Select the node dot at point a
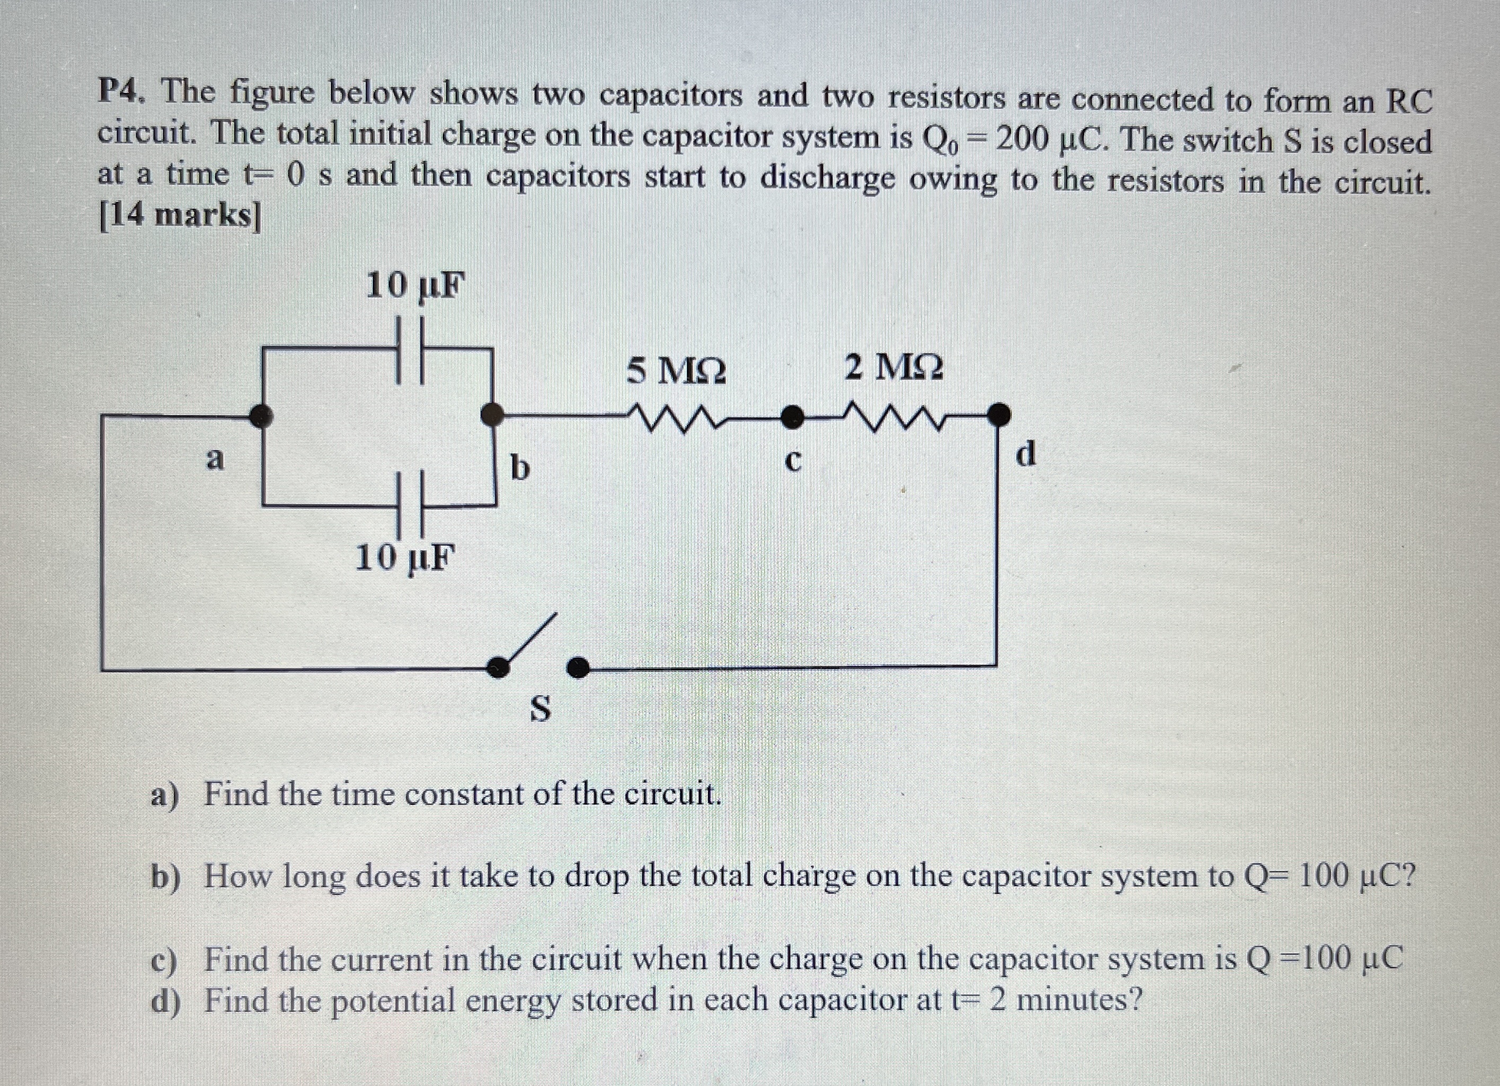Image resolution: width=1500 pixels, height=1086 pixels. pos(263,416)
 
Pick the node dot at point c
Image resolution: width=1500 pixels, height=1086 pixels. pos(791,417)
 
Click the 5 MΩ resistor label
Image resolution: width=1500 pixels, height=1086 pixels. pos(676,371)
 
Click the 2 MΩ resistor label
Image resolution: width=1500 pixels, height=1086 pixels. pos(894,368)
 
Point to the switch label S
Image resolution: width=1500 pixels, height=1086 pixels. pos(540,709)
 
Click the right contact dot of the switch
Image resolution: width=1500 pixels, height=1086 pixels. pos(578,667)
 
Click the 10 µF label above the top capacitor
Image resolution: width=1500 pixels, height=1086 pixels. pos(415,286)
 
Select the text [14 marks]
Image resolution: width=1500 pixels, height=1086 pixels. pos(179,215)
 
